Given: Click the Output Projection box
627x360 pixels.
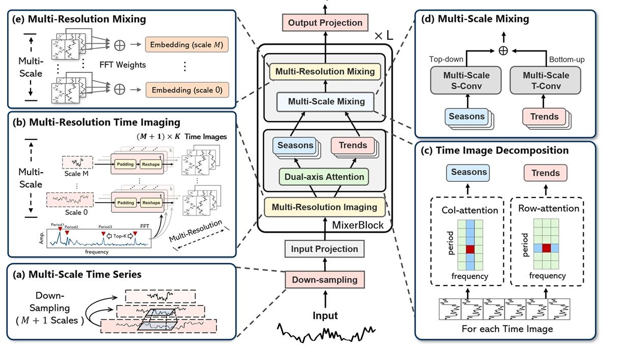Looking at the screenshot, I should tap(325, 22).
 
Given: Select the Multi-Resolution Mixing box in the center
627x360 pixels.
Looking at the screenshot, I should tap(325, 72).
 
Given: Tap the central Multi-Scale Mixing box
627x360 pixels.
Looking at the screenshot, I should tap(326, 101).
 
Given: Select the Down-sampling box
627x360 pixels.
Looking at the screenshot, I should tap(324, 279).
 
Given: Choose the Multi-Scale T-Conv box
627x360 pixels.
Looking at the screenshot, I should tap(546, 80).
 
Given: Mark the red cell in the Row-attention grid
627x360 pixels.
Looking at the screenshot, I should tap(547, 247).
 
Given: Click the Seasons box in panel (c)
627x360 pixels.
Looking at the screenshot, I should tap(468, 172).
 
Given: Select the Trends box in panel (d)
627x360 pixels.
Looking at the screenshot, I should tap(544, 117).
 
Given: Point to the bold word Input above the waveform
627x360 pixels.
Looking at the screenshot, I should tap(325, 316).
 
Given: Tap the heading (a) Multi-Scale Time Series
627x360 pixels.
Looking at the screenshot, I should tap(78, 274).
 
